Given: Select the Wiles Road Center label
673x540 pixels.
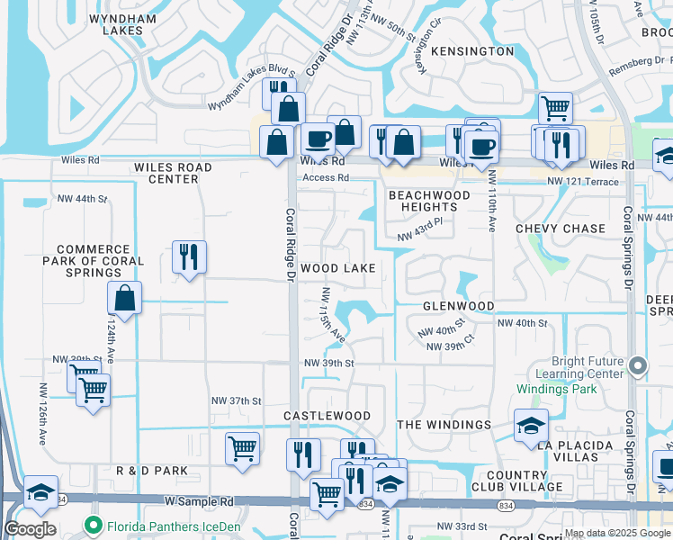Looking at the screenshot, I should coord(173,173).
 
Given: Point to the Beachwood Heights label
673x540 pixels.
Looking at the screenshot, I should coord(429,201).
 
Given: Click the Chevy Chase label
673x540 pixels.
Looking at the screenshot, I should coord(561,229).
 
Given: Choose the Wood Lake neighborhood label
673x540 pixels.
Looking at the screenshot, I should coord(337,268).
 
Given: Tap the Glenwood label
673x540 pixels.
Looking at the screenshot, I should coord(459,306).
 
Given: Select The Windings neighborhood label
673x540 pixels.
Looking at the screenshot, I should coord(444,425).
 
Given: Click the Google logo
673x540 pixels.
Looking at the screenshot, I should coord(30,529).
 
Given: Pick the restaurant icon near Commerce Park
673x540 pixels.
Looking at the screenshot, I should coord(189,257).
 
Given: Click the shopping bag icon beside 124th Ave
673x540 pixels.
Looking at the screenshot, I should coord(125,298).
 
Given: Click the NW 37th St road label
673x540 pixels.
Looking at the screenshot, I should coord(236,400).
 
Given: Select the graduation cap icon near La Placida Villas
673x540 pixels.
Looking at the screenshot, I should coord(531,426).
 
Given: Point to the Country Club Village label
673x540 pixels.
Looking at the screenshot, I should coord(516,481).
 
